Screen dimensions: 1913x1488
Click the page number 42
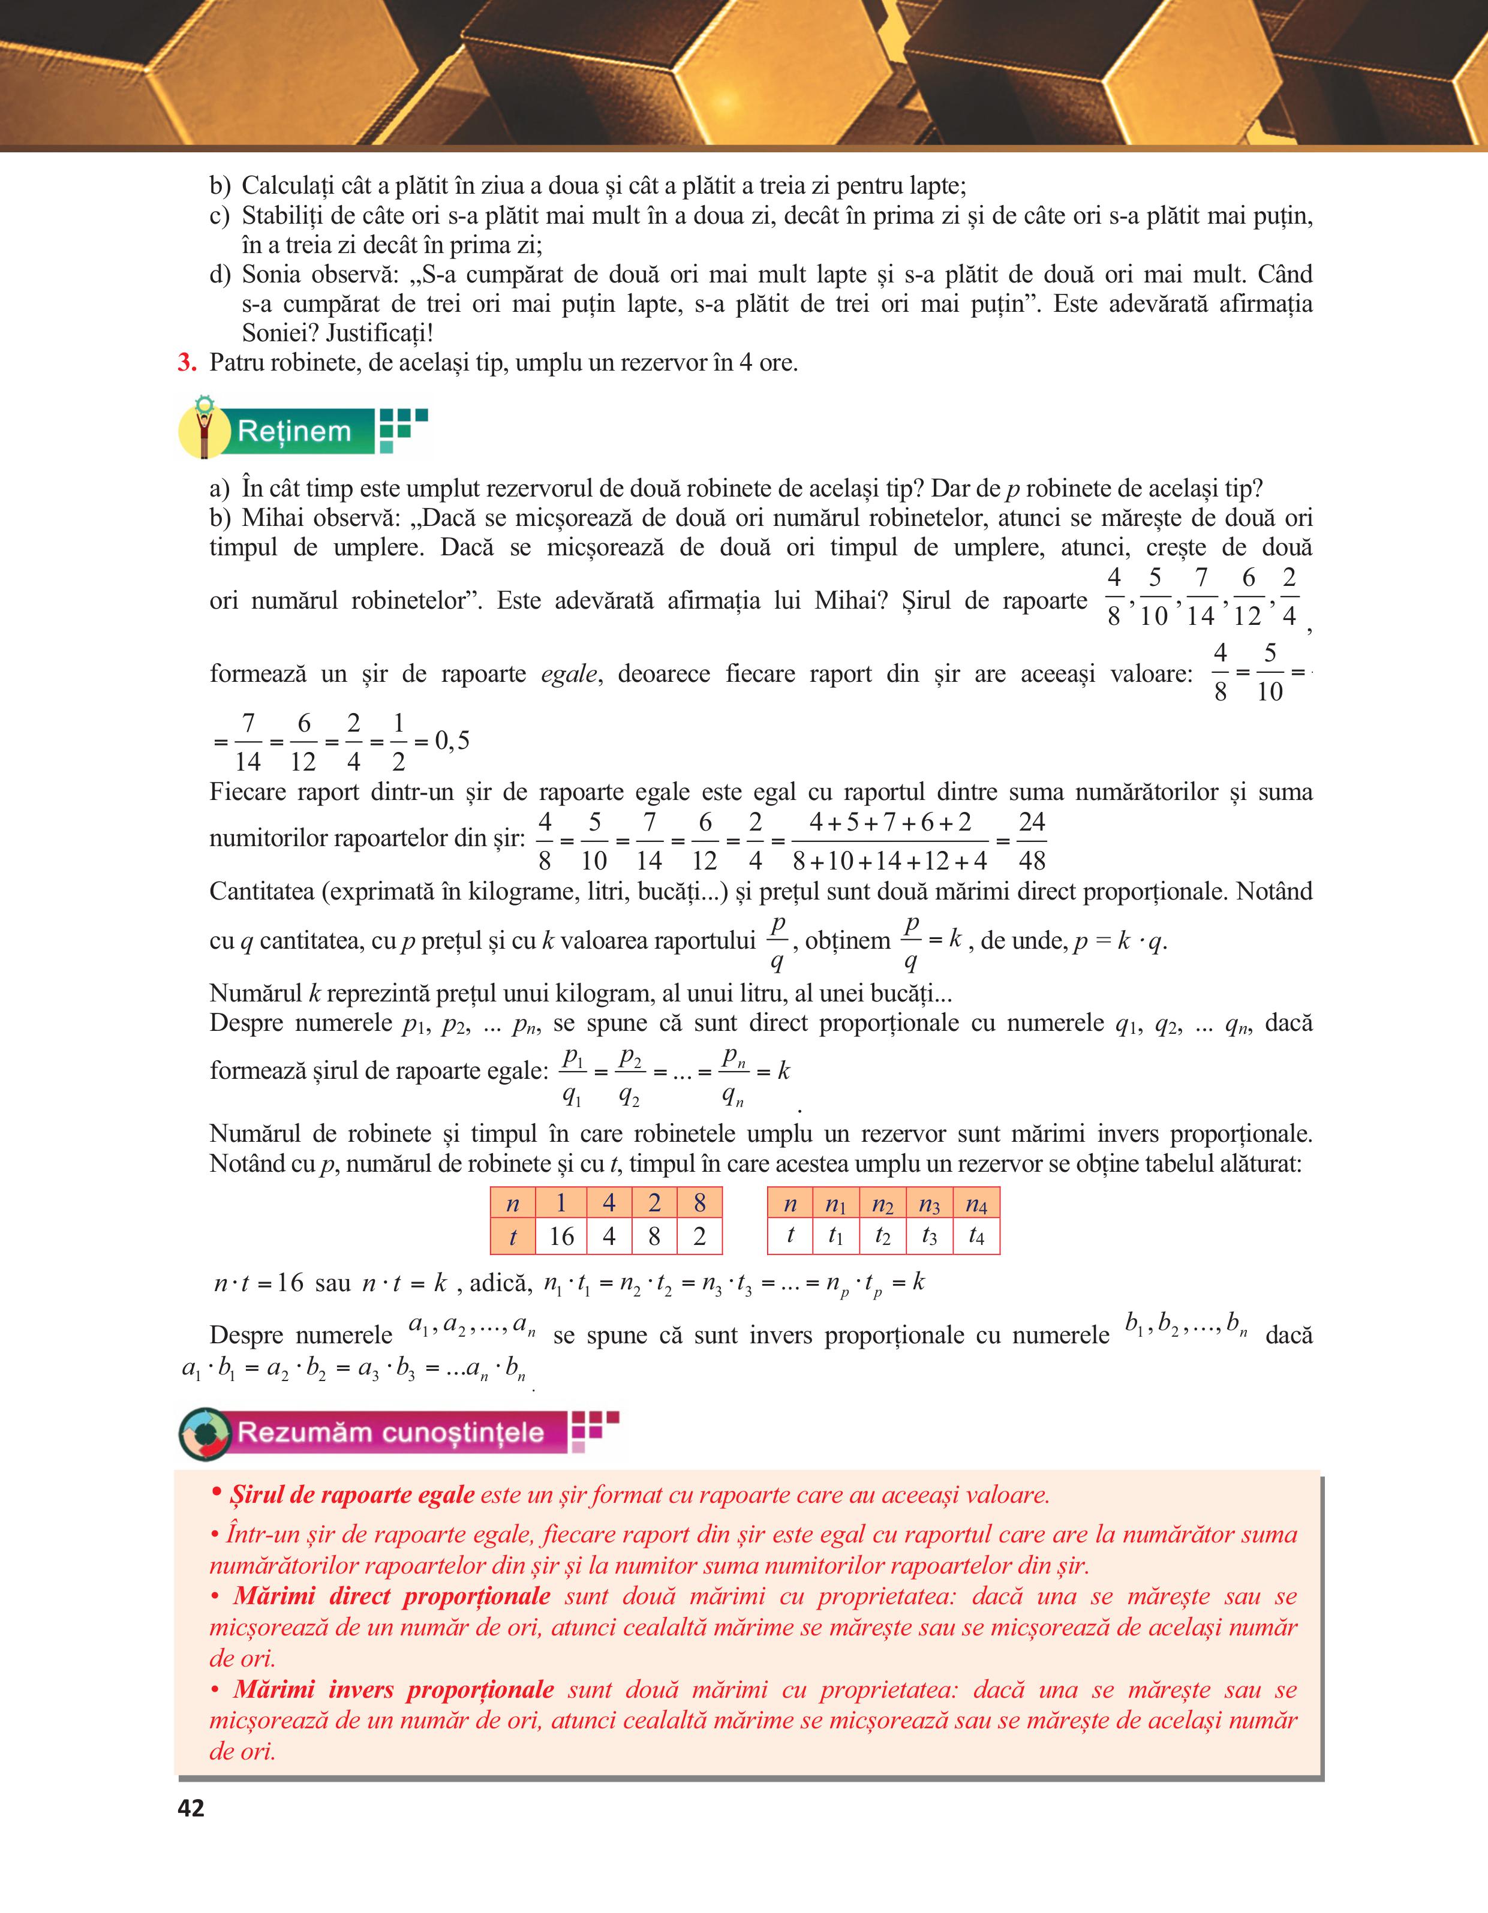[191, 1808]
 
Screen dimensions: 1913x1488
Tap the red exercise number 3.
[186, 363]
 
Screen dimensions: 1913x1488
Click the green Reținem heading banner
[294, 431]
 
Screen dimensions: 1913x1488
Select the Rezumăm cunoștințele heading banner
[390, 1432]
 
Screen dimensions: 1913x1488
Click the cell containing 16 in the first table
[561, 1236]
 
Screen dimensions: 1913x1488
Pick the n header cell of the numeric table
[512, 1204]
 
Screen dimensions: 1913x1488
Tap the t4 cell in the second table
[976, 1236]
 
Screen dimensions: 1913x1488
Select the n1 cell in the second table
[835, 1204]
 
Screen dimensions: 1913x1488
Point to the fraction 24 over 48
[1032, 841]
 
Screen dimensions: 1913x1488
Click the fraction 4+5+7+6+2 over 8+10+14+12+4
[890, 841]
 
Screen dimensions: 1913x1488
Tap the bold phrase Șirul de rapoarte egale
[352, 1494]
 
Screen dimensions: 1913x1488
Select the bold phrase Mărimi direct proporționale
[392, 1596]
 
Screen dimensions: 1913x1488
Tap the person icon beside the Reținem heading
[205, 429]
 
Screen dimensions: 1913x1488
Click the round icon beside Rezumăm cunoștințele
[205, 1434]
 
